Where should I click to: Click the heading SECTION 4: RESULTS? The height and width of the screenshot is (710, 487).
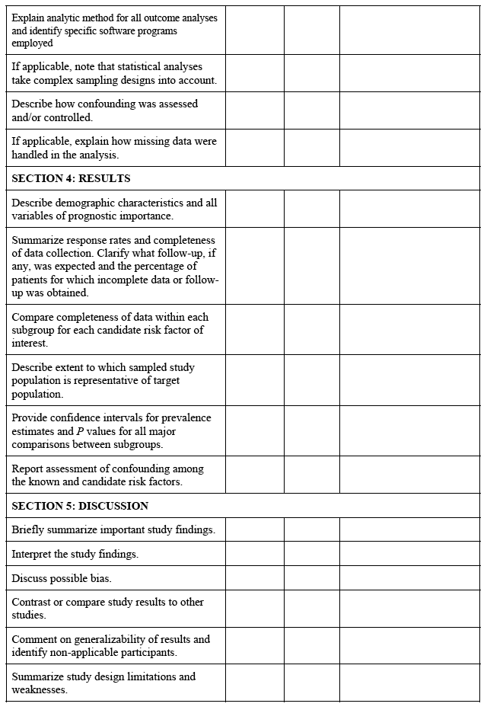(x=71, y=178)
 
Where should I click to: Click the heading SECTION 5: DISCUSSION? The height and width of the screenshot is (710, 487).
(x=80, y=506)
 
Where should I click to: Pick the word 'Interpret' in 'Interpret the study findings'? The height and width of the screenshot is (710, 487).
(x=31, y=554)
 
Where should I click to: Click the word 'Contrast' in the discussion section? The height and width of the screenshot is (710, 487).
(x=31, y=602)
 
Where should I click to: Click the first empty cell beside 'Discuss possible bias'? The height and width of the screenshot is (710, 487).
(x=254, y=578)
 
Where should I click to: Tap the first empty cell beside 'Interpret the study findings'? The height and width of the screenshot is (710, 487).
(x=254, y=554)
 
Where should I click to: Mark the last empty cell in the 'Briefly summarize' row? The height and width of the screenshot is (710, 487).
(x=409, y=529)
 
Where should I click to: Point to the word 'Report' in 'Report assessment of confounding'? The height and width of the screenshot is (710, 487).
(x=27, y=469)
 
